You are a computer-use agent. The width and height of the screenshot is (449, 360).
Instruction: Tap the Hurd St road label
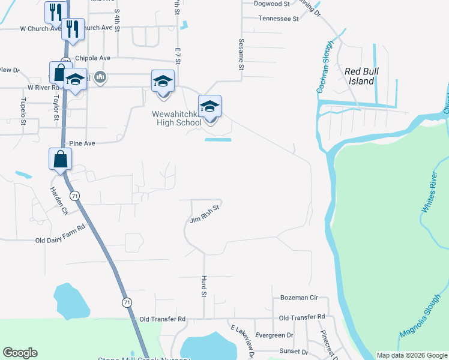[203, 287]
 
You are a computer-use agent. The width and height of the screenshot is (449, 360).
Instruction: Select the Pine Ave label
[83, 143]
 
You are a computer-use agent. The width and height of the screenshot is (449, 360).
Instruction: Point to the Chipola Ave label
[93, 58]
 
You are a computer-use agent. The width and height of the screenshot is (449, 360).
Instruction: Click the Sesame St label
[241, 55]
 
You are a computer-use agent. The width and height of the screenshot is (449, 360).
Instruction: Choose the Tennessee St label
[279, 19]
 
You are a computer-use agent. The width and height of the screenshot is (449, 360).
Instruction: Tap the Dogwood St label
[272, 4]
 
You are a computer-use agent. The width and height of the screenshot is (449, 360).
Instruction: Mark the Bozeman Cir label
[299, 298]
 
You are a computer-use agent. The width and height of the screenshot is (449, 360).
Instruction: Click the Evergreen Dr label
[274, 335]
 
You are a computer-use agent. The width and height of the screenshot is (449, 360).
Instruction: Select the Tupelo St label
[23, 112]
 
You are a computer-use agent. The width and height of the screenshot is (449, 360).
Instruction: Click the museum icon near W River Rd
[101, 77]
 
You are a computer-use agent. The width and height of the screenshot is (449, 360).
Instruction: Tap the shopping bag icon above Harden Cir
[60, 160]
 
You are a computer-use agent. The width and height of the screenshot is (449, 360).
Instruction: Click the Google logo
[20, 353]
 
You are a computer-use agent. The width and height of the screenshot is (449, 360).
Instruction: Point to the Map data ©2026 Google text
[411, 355]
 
